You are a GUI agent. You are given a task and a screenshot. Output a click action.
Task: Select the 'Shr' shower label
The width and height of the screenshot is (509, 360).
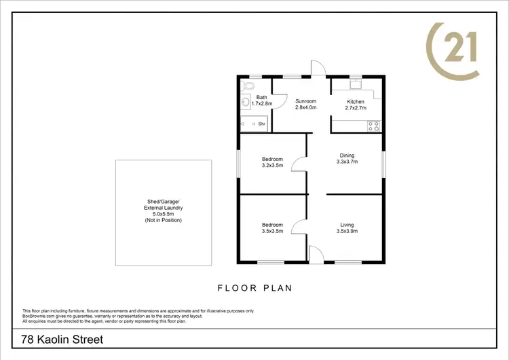point(261,124)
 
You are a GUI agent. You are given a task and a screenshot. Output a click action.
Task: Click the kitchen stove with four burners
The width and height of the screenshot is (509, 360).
point(373,125)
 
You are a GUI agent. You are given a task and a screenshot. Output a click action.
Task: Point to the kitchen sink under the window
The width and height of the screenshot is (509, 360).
point(355,86)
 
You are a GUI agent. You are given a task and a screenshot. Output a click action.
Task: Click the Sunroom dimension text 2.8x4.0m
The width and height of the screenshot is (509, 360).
point(306,107)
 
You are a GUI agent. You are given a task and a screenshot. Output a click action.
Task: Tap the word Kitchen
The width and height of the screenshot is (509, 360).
point(356,101)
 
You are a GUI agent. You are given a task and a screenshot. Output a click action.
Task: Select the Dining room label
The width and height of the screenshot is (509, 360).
point(347,156)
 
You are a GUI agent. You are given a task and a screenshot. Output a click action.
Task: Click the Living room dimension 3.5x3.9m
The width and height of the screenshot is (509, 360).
point(347,232)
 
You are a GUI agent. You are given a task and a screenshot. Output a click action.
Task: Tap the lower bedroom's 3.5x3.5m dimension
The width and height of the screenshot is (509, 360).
point(272,232)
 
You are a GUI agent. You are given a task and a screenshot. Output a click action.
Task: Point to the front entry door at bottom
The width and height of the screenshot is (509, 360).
point(316,254)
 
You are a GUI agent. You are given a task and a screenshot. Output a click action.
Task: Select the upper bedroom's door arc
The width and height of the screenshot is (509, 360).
point(298,165)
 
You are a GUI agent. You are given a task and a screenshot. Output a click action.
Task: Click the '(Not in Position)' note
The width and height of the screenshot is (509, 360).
point(164,221)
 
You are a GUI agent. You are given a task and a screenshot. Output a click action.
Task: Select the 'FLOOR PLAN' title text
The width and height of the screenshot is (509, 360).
point(254,288)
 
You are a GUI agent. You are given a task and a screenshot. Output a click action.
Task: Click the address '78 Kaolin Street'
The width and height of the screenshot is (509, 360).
point(62,339)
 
